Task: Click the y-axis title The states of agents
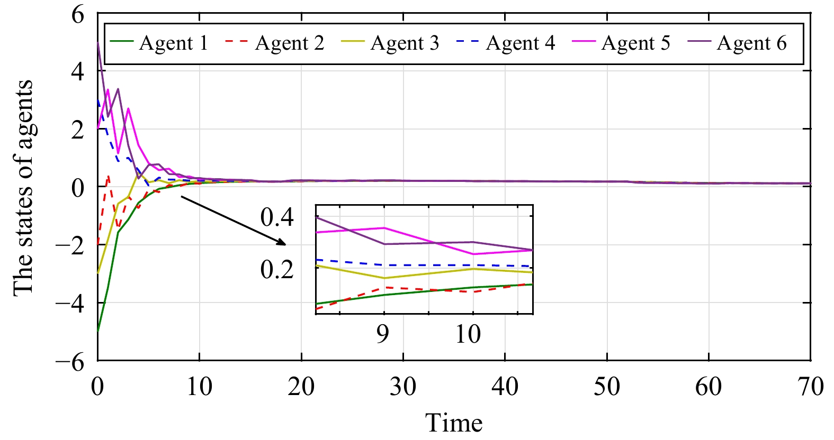click(23, 188)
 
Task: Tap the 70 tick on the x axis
click(810, 387)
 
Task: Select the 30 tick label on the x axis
click(403, 387)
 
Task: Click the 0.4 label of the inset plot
click(277, 217)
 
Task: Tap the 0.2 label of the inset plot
click(277, 270)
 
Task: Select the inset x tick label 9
click(383, 334)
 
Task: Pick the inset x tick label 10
click(468, 334)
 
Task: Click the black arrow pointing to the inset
click(233, 221)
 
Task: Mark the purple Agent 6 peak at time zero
click(98, 43)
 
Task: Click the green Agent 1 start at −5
click(98, 331)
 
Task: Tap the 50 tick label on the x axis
click(606, 387)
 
